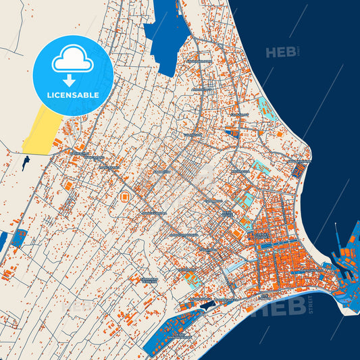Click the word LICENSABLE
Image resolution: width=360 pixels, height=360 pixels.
click(x=73, y=95)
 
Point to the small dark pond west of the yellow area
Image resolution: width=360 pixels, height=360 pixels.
click(x=25, y=162)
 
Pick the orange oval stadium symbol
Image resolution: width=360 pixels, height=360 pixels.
click(x=125, y=197)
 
